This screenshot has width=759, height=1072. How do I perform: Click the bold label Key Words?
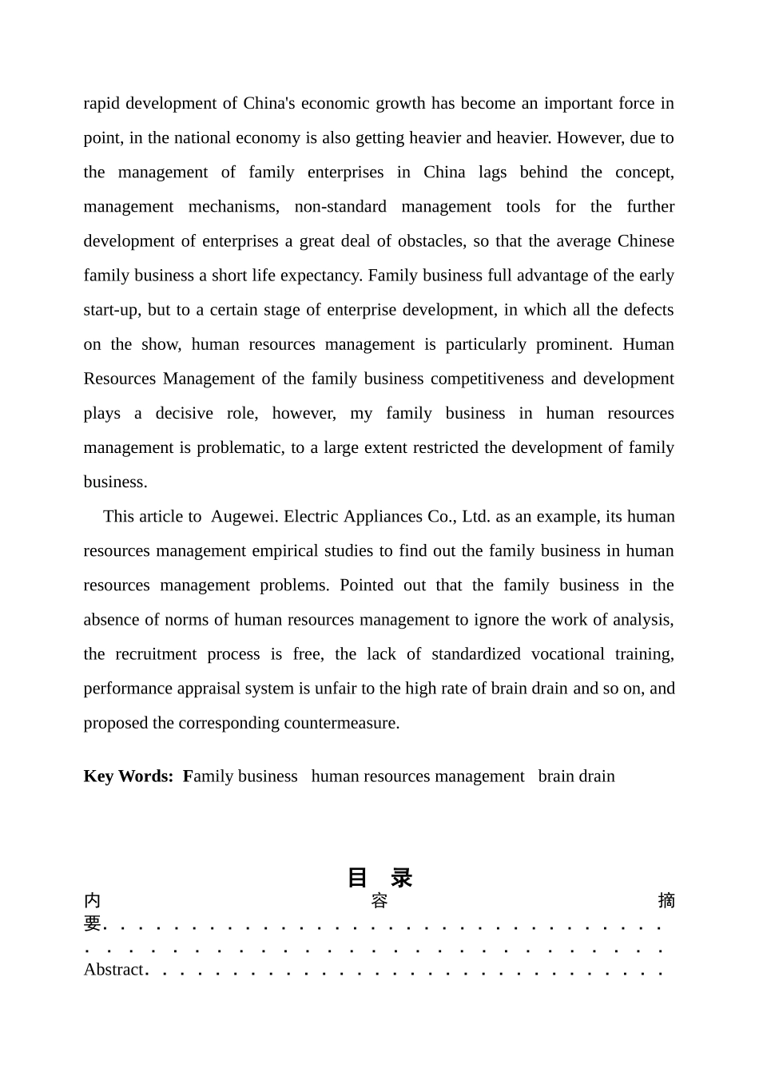(128, 776)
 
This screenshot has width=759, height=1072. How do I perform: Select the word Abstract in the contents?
(113, 970)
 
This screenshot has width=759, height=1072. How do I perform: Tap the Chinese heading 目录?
(379, 878)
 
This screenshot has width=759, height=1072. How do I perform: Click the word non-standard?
(340, 207)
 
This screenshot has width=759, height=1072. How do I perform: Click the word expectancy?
(318, 276)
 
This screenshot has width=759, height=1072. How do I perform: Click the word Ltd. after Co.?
(476, 517)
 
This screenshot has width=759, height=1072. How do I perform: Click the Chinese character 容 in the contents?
(379, 901)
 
